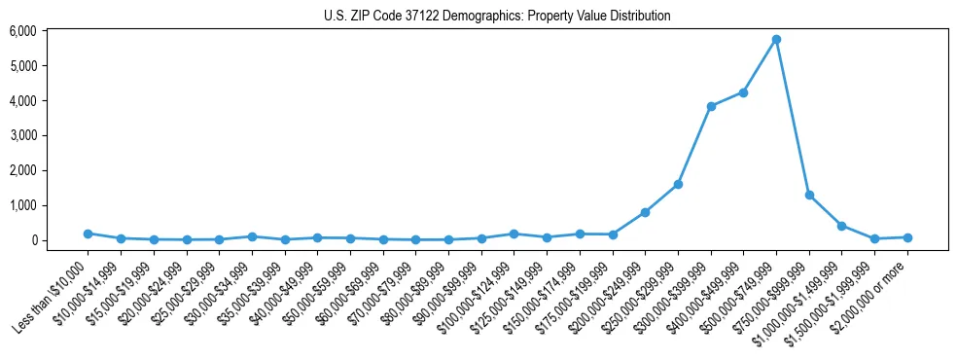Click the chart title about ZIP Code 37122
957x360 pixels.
point(497,16)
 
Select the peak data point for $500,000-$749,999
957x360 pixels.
point(776,39)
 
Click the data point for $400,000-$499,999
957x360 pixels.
point(743,92)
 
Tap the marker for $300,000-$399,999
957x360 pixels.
point(711,106)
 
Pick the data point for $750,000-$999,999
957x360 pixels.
point(809,195)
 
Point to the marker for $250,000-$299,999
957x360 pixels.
point(678,184)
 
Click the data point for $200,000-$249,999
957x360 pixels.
point(645,212)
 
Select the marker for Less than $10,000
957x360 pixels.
point(88,234)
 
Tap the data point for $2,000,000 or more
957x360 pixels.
point(907,237)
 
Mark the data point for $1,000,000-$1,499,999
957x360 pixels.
point(842,226)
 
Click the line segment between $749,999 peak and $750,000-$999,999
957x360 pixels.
point(793,117)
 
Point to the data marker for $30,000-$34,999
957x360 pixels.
point(252,236)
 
